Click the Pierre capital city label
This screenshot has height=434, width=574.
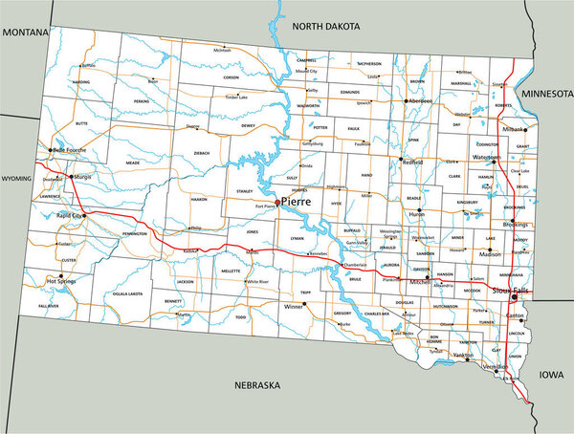[298, 204]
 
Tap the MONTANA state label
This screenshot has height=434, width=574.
[27, 33]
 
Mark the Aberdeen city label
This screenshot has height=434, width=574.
[419, 100]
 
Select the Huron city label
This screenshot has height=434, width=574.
[417, 214]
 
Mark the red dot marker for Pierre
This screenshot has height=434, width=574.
[277, 203]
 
